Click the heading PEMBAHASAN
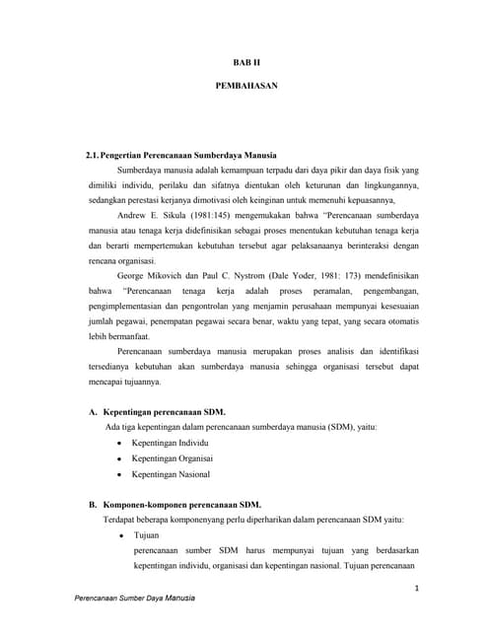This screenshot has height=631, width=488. click(x=245, y=86)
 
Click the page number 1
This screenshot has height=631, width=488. click(x=417, y=589)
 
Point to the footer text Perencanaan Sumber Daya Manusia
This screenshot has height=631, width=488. click(x=135, y=598)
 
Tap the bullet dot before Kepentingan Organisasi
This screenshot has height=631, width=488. click(x=118, y=459)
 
